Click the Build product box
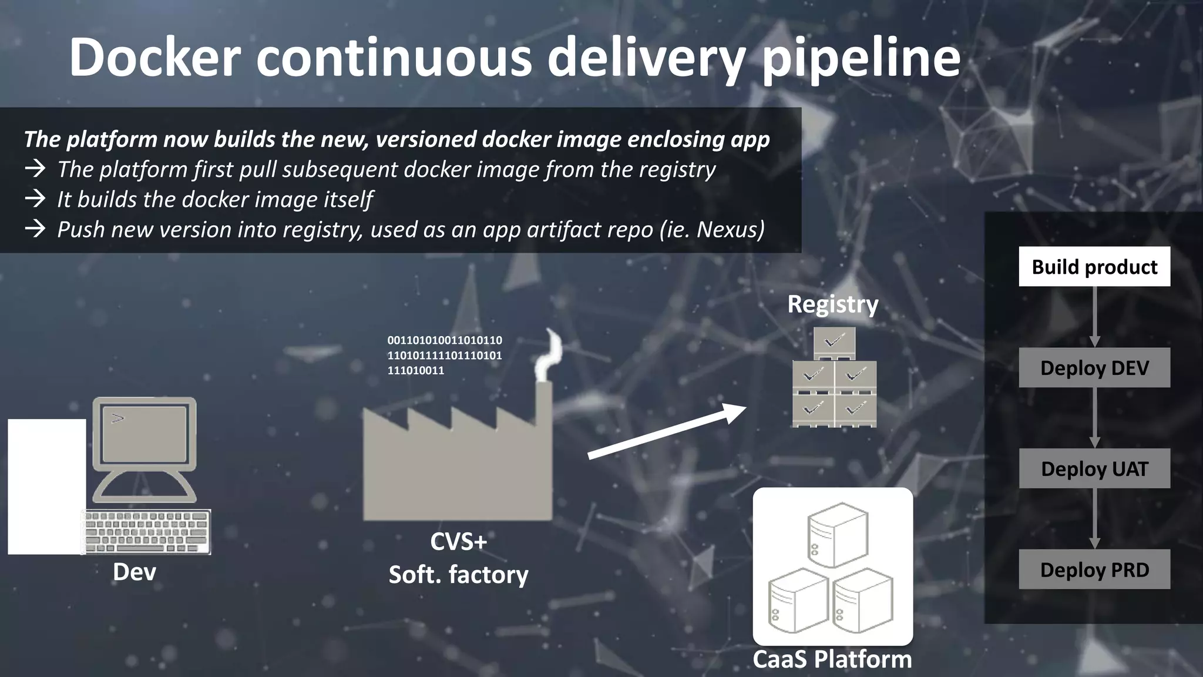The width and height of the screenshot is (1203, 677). [1094, 267]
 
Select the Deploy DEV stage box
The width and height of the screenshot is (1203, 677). [1094, 368]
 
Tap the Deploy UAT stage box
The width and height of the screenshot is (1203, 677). [1094, 468]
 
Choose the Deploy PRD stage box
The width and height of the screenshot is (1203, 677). [1094, 569]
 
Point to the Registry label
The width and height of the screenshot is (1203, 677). [832, 304]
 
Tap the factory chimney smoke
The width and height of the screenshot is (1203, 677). [549, 356]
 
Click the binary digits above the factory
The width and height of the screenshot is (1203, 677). [444, 355]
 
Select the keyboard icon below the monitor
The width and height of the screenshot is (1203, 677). [147, 531]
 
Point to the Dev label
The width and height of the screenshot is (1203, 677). [135, 572]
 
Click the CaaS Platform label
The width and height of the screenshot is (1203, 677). [832, 659]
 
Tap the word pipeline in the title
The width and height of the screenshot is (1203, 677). [861, 58]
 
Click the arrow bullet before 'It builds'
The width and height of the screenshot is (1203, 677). [35, 199]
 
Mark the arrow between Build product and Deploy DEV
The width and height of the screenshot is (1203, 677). [1094, 317]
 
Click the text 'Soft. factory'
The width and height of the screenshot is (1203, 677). [458, 575]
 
